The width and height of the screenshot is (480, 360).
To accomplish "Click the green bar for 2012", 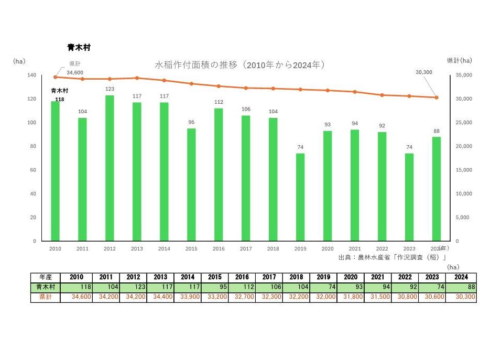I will [x=110, y=168].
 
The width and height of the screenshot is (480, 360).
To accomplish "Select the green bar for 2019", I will [x=300, y=197].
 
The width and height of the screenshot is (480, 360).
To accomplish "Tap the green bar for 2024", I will [x=437, y=189].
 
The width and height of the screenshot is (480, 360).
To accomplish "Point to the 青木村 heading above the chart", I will [x=79, y=47].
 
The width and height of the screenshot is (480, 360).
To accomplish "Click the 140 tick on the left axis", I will [x=32, y=75].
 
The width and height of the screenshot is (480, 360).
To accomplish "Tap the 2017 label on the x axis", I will [x=246, y=249].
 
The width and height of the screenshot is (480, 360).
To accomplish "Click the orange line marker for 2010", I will [x=55, y=77].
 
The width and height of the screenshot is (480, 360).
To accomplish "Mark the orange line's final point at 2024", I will [x=437, y=97].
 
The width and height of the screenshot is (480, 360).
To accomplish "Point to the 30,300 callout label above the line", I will [x=423, y=72].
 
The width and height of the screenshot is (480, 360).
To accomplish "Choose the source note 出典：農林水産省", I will [x=392, y=257].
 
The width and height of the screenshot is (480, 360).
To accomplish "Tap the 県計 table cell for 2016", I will [x=242, y=297].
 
